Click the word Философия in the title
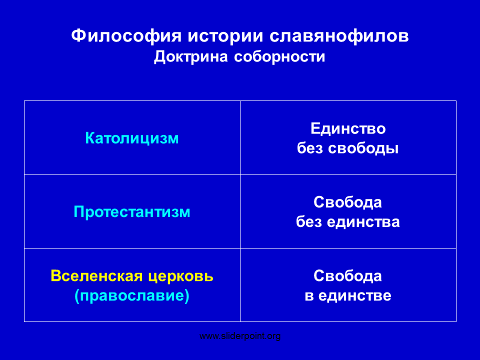click(126, 36)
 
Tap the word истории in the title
click(225, 36)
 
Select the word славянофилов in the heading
click(339, 36)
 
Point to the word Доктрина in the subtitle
click(191, 57)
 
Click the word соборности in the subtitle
click(279, 57)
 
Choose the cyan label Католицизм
click(132, 138)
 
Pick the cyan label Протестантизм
click(132, 212)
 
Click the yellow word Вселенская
click(96, 276)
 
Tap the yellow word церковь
click(181, 276)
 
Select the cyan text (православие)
click(132, 295)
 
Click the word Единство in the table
click(348, 128)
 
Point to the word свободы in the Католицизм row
click(363, 148)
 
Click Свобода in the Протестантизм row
click(348, 202)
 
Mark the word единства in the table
click(363, 222)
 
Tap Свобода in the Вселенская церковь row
click(348, 276)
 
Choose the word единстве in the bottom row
click(355, 295)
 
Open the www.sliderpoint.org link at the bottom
click(240, 336)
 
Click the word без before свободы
click(310, 148)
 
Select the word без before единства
click(308, 222)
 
